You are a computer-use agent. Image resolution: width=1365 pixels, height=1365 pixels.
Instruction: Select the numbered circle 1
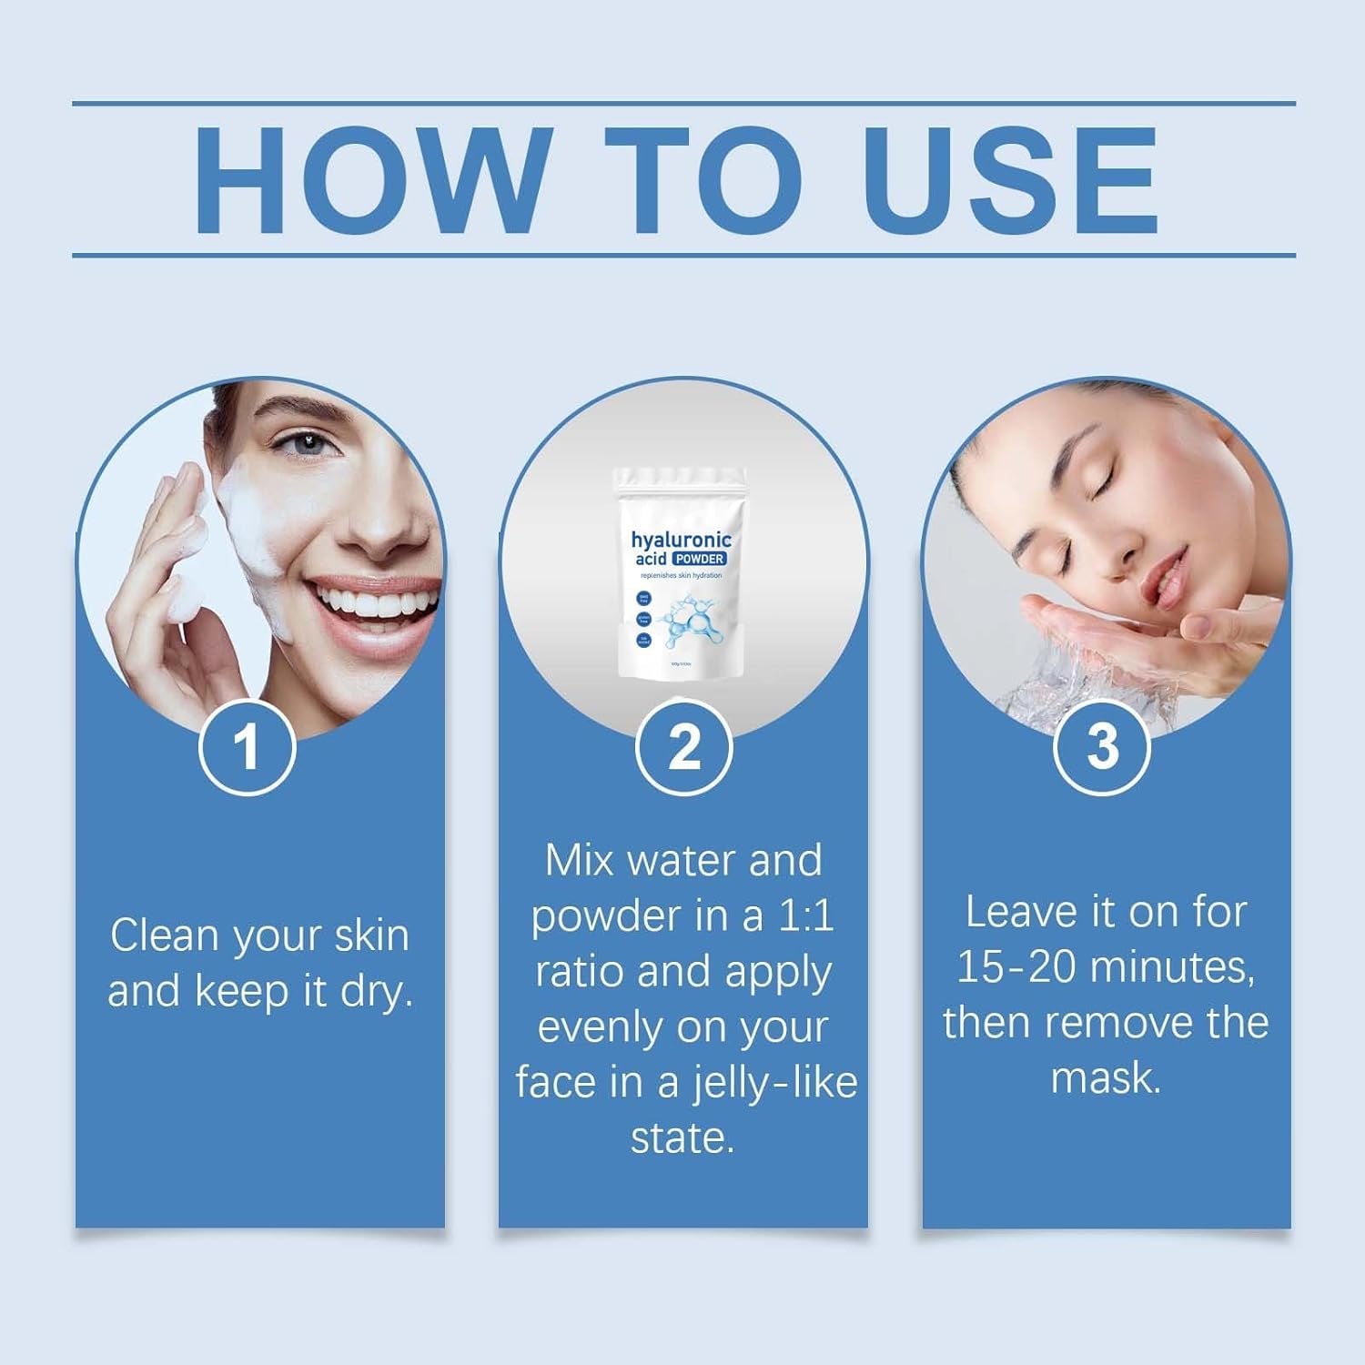[247, 747]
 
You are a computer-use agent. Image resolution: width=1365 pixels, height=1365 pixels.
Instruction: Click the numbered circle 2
[683, 747]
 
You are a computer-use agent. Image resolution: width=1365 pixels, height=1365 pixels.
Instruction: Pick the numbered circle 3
[1102, 747]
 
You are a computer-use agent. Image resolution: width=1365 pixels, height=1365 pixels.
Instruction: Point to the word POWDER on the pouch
[700, 559]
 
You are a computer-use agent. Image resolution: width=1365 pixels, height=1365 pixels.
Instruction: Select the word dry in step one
[376, 992]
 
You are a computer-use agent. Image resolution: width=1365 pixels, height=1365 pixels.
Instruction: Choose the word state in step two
[682, 1138]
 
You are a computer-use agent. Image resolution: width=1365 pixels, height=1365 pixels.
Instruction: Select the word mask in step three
[1105, 1078]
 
